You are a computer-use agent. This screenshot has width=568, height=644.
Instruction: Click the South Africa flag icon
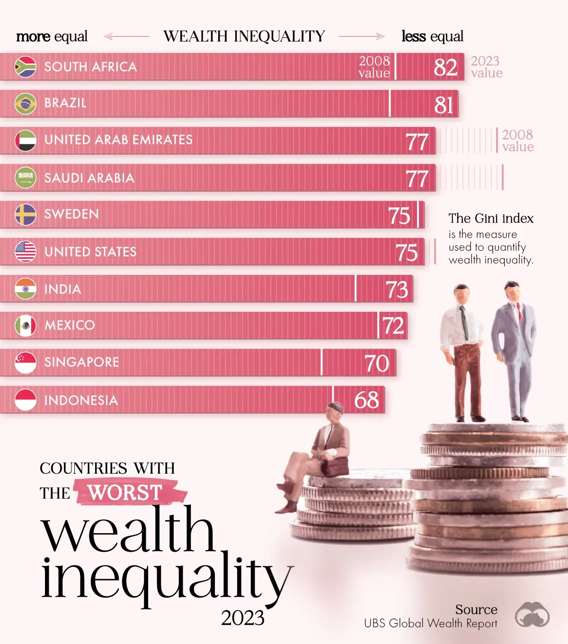(26, 67)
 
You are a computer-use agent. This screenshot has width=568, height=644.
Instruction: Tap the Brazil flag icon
(26, 104)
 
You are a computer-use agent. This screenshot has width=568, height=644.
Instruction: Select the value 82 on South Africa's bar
(445, 67)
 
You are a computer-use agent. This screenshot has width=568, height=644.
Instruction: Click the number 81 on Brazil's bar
(444, 105)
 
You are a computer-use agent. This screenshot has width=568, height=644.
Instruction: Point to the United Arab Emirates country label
(118, 140)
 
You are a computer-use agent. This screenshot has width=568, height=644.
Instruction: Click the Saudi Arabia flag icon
(26, 178)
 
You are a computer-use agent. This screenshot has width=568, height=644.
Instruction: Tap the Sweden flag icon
(26, 214)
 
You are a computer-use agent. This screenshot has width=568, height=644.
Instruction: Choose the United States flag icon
(26, 252)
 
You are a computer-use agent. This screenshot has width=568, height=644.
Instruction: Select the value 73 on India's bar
(397, 290)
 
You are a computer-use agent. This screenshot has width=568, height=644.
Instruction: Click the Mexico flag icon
(26, 326)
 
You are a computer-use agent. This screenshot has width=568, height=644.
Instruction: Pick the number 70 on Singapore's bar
(377, 363)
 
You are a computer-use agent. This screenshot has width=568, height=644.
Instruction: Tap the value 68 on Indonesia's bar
(366, 400)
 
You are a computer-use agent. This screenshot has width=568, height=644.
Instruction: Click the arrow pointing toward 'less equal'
(362, 36)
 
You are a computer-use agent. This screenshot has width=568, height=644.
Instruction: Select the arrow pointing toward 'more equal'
(126, 36)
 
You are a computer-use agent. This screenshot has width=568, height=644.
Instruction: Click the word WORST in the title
(125, 493)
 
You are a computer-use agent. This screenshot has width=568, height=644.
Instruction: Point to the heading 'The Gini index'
(491, 219)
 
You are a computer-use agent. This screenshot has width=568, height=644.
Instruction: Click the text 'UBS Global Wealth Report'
(430, 624)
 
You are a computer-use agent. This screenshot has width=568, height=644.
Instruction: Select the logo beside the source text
(532, 615)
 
